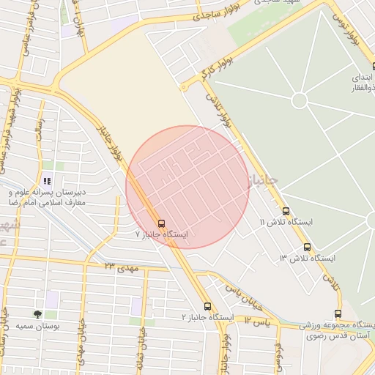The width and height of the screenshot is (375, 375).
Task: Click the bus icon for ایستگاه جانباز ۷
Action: click(x=161, y=223)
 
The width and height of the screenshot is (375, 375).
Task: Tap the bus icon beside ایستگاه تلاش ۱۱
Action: click(x=286, y=211)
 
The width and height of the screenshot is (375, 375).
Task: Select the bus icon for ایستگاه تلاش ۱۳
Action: click(x=307, y=248)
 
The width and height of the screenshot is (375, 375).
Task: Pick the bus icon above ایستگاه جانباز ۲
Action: click(x=208, y=306)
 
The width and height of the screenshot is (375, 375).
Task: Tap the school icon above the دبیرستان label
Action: click(x=47, y=181)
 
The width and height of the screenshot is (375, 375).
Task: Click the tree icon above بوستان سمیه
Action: click(x=37, y=314)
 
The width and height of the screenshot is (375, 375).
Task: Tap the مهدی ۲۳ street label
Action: click(x=122, y=267)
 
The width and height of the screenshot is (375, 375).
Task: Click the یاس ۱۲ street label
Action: click(x=257, y=321)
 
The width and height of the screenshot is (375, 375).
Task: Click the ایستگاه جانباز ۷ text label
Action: click(x=162, y=234)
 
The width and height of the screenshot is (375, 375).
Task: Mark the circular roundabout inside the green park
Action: click(x=299, y=100)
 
